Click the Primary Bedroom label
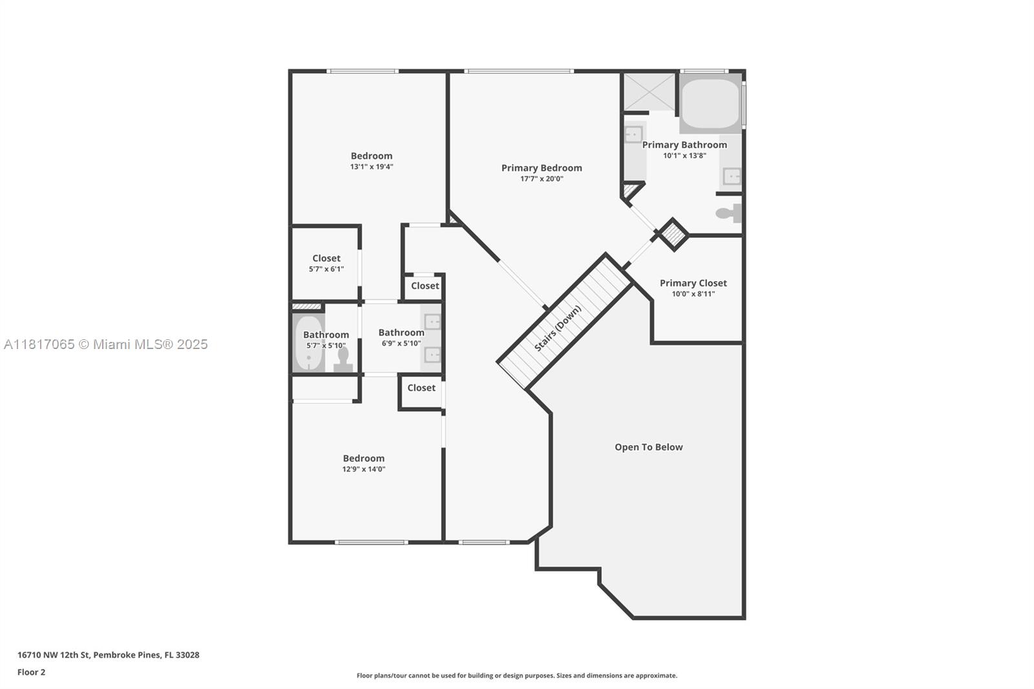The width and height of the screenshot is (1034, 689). (542, 168)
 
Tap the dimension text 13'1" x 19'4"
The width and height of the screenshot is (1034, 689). (372, 167)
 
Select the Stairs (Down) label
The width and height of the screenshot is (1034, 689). (558, 328)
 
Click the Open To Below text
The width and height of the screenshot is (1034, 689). (648, 447)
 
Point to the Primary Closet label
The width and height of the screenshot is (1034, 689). (693, 283)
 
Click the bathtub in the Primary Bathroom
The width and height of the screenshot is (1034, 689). (710, 103)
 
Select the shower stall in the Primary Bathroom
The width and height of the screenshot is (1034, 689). (648, 92)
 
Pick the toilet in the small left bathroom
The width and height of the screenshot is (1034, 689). (343, 359)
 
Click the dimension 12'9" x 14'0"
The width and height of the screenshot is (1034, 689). (364, 469)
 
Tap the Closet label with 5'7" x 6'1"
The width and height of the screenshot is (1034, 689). (326, 259)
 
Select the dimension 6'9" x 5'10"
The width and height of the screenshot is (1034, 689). (401, 343)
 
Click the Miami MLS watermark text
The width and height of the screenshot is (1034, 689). (105, 344)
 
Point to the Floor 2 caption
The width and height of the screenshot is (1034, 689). (31, 672)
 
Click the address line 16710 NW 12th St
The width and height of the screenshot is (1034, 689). (108, 655)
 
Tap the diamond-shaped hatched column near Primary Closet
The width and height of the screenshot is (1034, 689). (673, 234)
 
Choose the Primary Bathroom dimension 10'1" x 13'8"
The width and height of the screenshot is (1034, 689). (684, 155)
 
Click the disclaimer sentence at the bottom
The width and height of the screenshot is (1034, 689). (516, 675)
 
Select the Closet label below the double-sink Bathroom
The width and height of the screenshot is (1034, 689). (421, 388)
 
